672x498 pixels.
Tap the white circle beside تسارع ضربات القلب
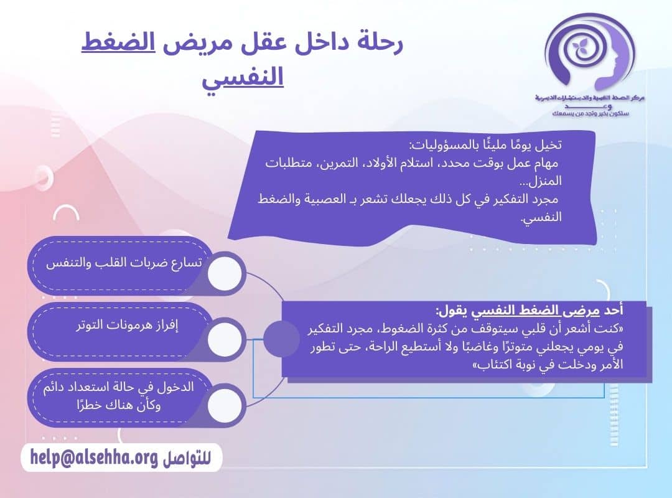(224, 273)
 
